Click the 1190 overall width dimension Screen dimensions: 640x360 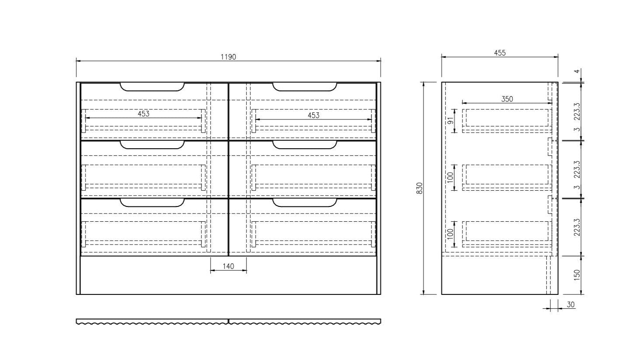pyautogui.click(x=228, y=57)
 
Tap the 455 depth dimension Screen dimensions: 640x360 pyautogui.click(x=500, y=53)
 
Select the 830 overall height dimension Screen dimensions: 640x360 pyautogui.click(x=420, y=188)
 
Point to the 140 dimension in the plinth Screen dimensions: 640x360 pyautogui.click(x=228, y=266)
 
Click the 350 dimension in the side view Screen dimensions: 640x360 pyautogui.click(x=507, y=99)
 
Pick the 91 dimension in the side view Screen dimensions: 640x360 pyautogui.click(x=451, y=121)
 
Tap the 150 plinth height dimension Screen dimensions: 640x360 pyautogui.click(x=577, y=275)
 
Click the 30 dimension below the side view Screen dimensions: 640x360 pyautogui.click(x=570, y=304)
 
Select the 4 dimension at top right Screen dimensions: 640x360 pyautogui.click(x=577, y=71)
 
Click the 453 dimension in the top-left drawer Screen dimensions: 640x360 pyautogui.click(x=143, y=114)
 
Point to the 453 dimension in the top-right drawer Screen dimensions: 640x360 pyautogui.click(x=313, y=115)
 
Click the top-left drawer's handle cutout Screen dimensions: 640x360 pyautogui.click(x=152, y=87)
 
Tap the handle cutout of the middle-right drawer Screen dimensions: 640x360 pyautogui.click(x=305, y=145)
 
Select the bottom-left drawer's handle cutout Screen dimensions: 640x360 pyautogui.click(x=152, y=203)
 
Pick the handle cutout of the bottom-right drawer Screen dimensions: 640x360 pyautogui.click(x=305, y=203)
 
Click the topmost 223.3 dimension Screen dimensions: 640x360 pyautogui.click(x=577, y=112)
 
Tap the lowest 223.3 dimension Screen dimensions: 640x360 pyautogui.click(x=577, y=227)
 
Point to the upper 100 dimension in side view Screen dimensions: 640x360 pyautogui.click(x=451, y=178)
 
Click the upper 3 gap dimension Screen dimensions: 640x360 pyautogui.click(x=577, y=129)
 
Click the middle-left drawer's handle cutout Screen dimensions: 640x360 pyautogui.click(x=152, y=145)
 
